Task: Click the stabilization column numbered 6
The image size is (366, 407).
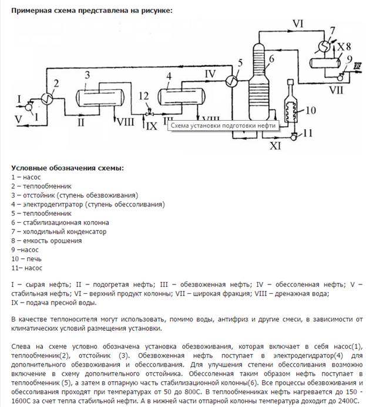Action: pos(257,82)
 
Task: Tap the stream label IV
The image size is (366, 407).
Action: pos(210,73)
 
